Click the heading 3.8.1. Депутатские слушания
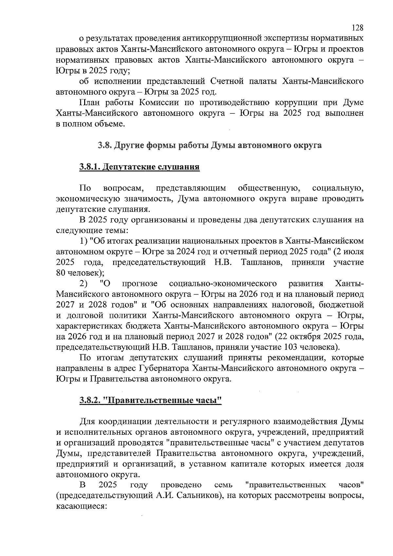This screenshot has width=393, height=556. (x=139, y=167)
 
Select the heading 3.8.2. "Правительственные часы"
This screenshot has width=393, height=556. (x=150, y=400)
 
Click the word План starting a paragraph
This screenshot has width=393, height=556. (x=89, y=103)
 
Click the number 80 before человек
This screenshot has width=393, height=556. (x=61, y=273)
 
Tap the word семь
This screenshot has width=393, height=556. (x=223, y=485)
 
